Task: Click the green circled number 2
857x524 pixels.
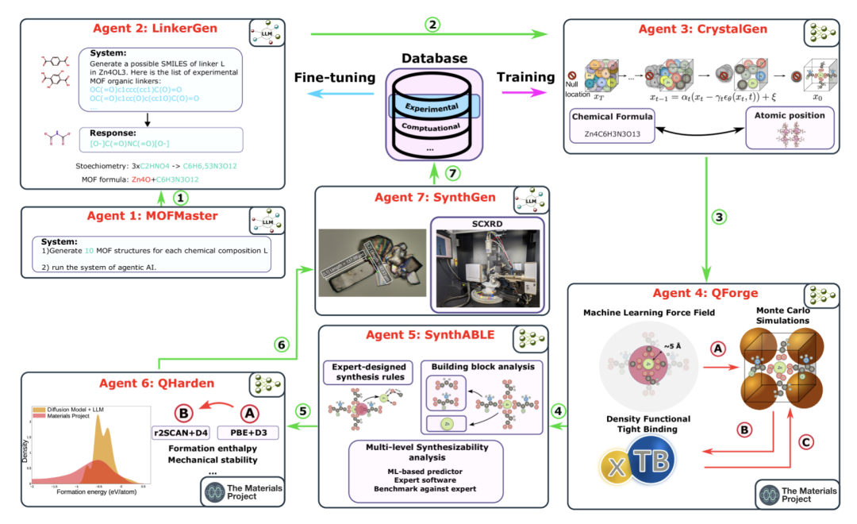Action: [x=432, y=24]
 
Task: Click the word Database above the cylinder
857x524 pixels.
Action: [x=434, y=58]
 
